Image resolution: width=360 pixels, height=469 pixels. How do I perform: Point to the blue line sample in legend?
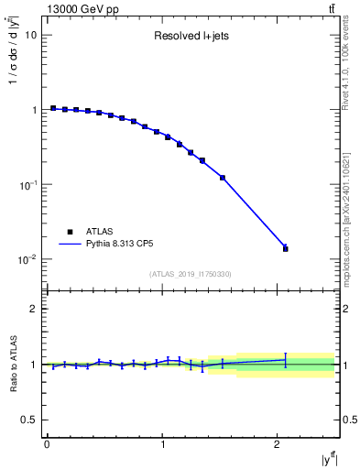tap(70, 245)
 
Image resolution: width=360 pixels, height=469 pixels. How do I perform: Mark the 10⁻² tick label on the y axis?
tap(28, 259)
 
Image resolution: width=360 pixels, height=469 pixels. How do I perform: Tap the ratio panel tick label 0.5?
tap(29, 420)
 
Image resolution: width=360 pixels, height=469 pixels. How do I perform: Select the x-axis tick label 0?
tap(47, 445)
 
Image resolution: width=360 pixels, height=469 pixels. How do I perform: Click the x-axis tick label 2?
tap(278, 445)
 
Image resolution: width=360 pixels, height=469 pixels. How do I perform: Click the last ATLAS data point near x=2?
tap(285, 249)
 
